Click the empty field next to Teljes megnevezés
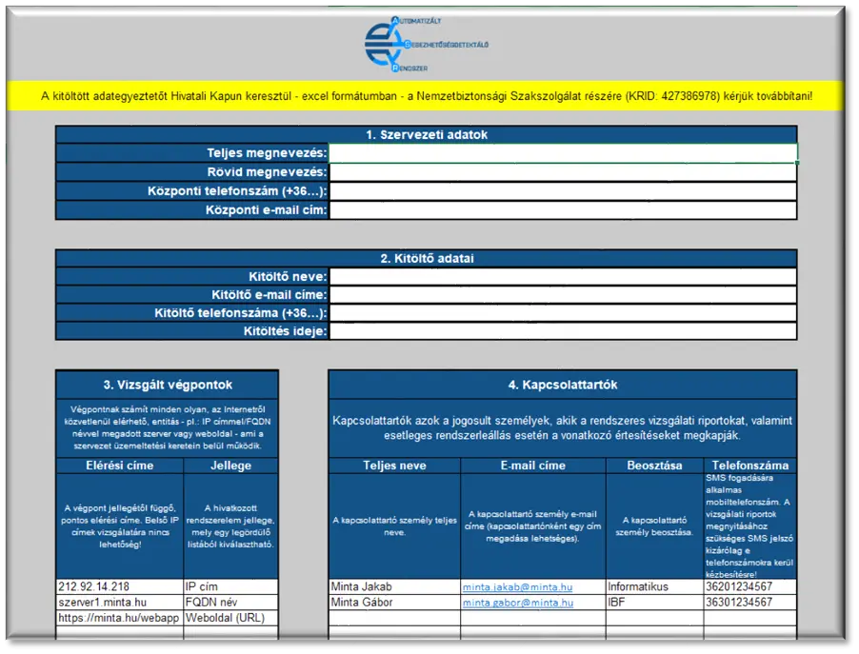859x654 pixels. tap(562, 153)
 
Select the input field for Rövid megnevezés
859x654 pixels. tap(562, 172)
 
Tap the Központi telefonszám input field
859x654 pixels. tap(562, 191)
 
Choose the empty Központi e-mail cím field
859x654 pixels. tap(562, 210)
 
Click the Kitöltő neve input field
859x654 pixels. tap(562, 277)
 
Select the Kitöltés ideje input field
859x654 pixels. tap(562, 331)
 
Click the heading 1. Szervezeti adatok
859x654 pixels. tap(426, 135)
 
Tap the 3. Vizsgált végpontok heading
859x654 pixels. tap(168, 385)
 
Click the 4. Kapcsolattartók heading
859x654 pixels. tap(562, 385)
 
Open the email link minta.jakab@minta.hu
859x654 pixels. tap(518, 587)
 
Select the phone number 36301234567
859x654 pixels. tap(738, 603)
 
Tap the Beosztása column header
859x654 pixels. tap(654, 466)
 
